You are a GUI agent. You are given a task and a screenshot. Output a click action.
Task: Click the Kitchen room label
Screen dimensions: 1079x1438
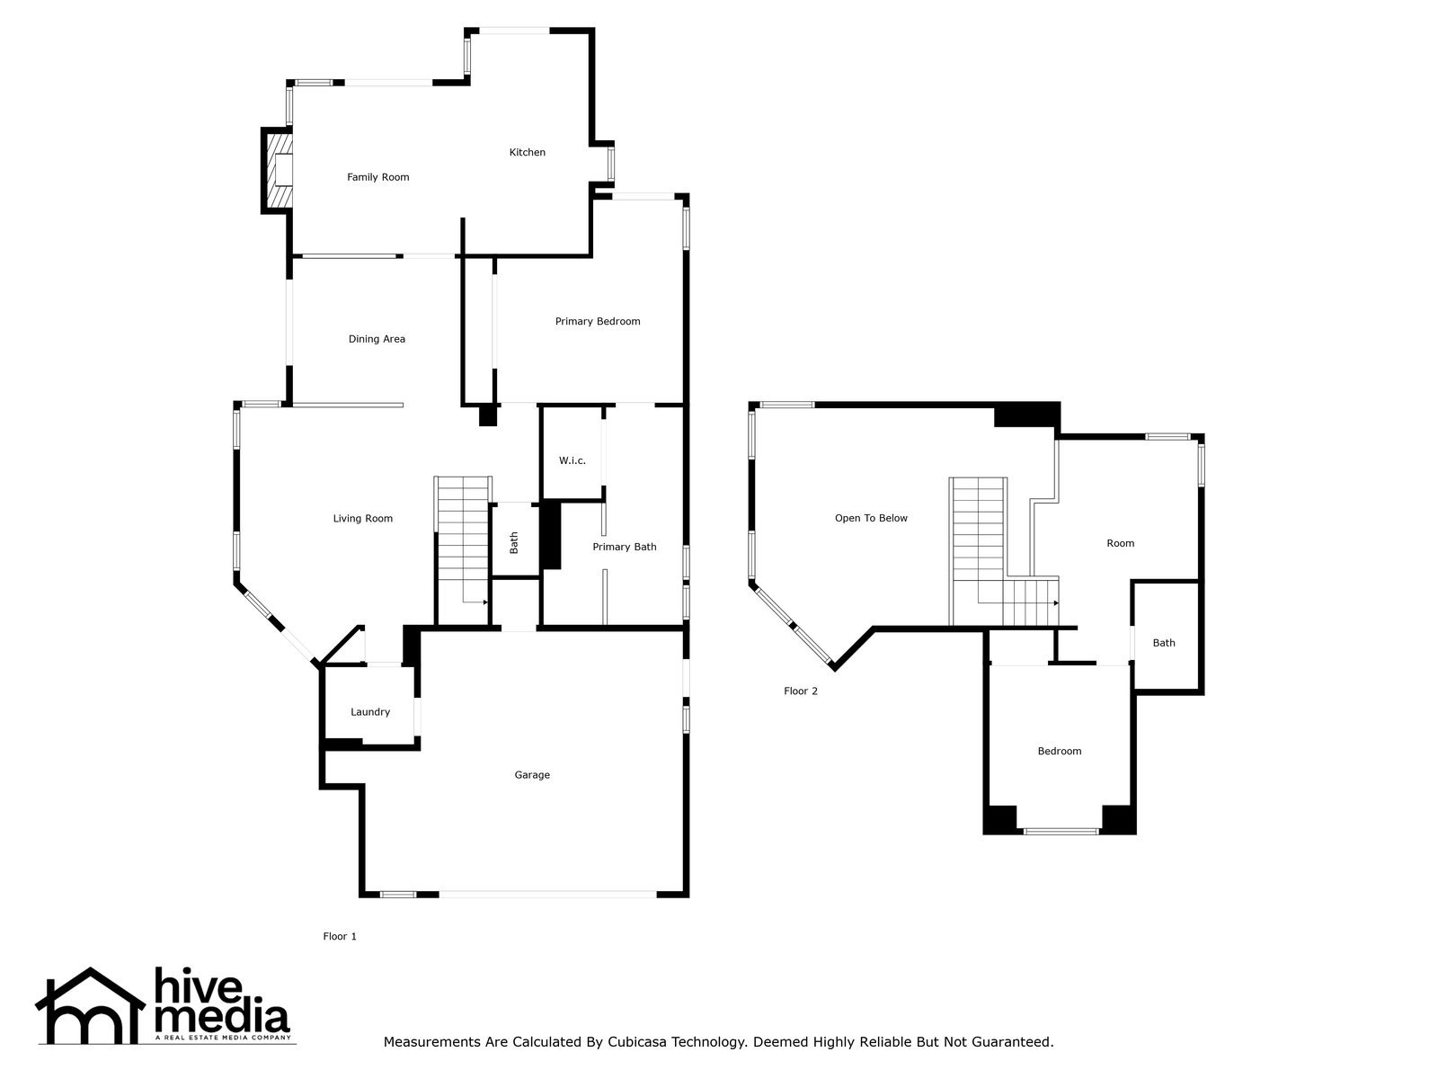coord(527,152)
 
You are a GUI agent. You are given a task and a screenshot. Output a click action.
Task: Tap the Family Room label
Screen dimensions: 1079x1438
coord(377,177)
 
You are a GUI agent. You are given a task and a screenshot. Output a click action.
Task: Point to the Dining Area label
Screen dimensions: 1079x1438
coord(377,339)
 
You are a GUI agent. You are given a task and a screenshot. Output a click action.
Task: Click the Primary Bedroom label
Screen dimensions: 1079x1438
coord(597,321)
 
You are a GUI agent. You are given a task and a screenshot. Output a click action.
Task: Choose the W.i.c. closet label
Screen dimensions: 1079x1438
coord(572,460)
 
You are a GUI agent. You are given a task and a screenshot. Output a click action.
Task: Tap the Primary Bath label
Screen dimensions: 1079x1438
coord(624,547)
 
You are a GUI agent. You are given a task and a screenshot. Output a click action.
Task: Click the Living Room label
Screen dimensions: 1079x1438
coord(362,518)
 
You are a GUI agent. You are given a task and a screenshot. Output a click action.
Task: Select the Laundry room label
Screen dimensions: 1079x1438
coord(369,712)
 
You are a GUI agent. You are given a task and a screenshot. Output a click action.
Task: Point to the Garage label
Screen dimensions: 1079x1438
coord(531,775)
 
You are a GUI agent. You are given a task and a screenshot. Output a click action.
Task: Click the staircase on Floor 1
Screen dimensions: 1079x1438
coord(463,544)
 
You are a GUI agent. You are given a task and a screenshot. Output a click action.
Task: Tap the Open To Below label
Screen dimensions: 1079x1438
coord(870,518)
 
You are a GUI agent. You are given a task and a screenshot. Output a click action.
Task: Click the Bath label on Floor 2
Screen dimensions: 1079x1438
coord(1163,643)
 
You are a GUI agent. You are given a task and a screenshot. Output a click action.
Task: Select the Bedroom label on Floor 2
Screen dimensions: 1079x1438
coord(1059,751)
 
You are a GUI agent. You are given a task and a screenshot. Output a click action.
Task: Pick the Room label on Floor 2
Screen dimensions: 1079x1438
coord(1120,543)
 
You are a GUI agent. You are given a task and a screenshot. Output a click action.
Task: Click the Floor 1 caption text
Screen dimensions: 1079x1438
coord(340,936)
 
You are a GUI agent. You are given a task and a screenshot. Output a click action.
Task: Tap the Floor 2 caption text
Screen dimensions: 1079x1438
coord(800,691)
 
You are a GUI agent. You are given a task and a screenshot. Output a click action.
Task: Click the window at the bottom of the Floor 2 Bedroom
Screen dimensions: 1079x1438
coord(1061,831)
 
